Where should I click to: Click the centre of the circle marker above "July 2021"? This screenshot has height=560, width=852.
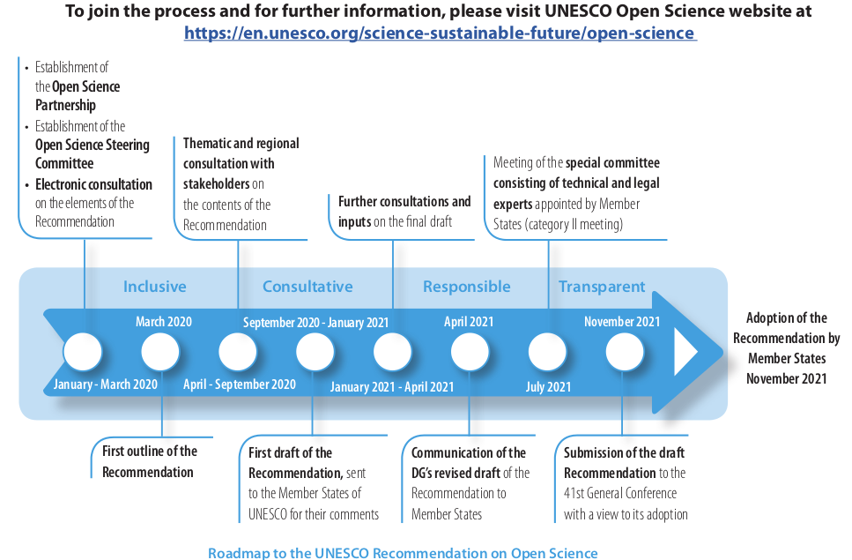[547, 352]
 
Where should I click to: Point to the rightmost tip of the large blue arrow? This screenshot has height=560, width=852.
[724, 352]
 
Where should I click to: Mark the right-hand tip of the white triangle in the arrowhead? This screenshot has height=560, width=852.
[698, 352]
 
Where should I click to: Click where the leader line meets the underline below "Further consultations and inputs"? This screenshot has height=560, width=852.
[393, 240]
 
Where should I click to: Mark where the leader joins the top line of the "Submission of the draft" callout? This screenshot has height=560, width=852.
[622, 435]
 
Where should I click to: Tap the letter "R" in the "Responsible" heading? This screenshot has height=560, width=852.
[427, 287]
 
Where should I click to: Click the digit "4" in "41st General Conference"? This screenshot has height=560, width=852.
[567, 493]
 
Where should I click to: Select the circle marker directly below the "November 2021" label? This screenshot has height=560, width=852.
[625, 352]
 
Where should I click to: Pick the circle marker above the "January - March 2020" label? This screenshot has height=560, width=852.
[83, 352]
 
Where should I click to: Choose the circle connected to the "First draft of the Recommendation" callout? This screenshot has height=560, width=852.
[315, 352]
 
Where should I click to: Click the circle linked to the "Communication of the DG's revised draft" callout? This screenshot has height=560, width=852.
[470, 352]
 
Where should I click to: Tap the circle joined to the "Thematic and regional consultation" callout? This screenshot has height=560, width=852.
[238, 352]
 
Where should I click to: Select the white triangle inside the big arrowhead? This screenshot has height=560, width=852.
[685, 352]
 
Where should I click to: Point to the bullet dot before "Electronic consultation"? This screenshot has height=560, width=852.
[26, 185]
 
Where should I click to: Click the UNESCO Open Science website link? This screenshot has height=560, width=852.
[441, 33]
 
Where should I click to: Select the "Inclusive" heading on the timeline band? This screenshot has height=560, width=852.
[155, 287]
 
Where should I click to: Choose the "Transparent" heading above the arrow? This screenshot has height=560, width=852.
[602, 287]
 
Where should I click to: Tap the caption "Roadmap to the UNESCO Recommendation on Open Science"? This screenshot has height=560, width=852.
[403, 553]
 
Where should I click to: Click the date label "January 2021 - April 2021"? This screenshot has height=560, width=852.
[392, 386]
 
